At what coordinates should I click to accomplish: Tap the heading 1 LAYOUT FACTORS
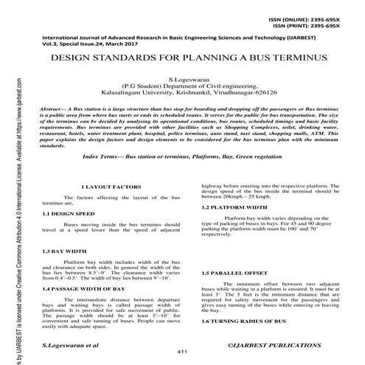pyautogui.click(x=103, y=188)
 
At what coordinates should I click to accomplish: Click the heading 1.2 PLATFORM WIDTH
pyautogui.click(x=235, y=207)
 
